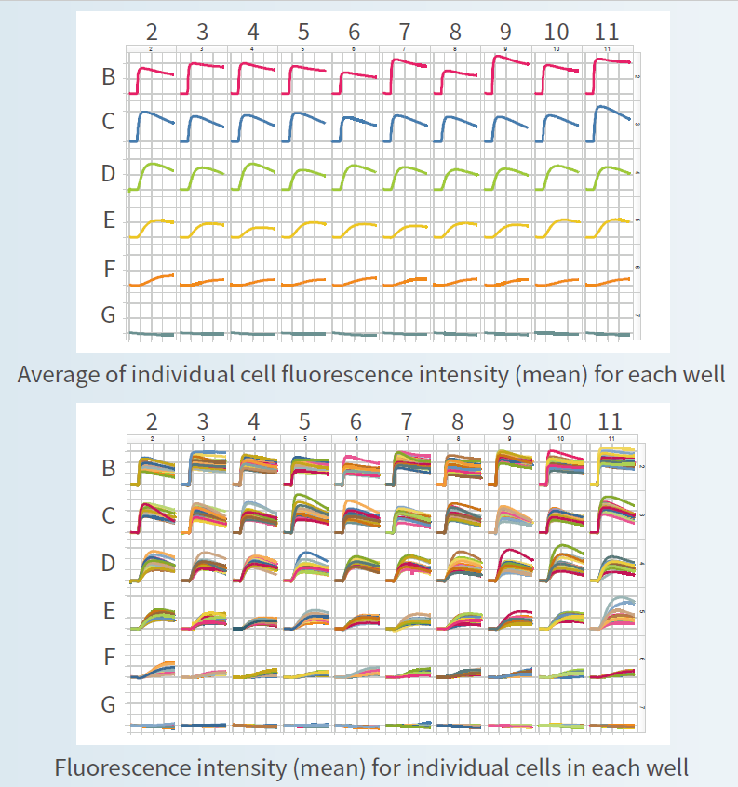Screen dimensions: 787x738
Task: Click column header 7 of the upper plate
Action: [x=403, y=30]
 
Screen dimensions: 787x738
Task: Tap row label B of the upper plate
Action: [x=108, y=78]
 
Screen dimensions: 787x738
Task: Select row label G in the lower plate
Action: [x=108, y=705]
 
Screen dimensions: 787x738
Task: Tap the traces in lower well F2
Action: [x=154, y=669]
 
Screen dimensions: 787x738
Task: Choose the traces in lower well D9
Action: [x=510, y=564]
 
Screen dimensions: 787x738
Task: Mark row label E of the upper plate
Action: [x=108, y=221]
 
